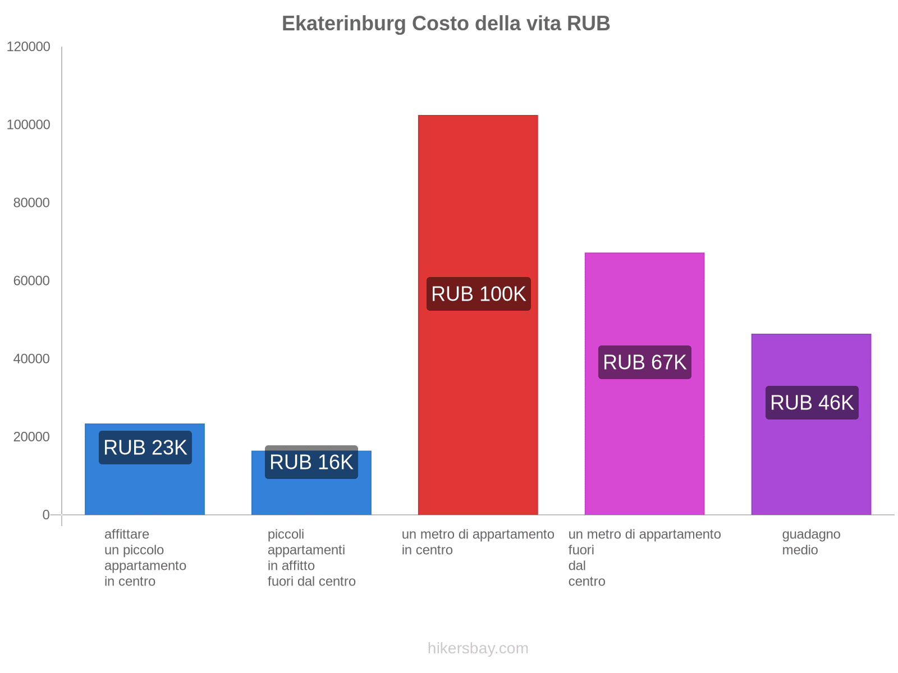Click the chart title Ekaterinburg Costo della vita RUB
(446, 24)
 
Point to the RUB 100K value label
(478, 294)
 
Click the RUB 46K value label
(812, 403)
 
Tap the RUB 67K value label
(644, 362)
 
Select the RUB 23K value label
(145, 448)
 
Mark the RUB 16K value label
(311, 462)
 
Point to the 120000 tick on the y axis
(28, 47)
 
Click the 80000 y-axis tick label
(31, 203)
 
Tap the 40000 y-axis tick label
(31, 359)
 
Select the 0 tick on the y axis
(46, 515)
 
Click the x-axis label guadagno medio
(811, 542)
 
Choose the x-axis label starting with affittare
(145, 557)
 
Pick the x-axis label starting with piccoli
(311, 557)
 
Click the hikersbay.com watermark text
(478, 648)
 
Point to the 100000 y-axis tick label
(28, 125)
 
